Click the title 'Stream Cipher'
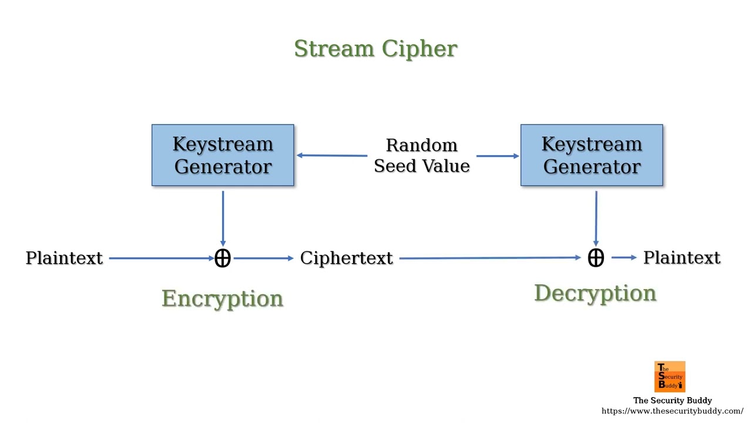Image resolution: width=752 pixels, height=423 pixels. click(375, 49)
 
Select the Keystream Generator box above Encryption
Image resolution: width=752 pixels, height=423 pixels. click(223, 155)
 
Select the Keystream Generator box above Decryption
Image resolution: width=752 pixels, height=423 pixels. click(592, 155)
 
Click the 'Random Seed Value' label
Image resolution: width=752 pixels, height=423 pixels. click(421, 156)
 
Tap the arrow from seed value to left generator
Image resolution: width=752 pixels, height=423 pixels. click(332, 156)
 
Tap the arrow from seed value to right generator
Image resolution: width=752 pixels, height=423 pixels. click(498, 156)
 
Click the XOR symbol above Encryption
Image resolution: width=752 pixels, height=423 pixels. click(223, 258)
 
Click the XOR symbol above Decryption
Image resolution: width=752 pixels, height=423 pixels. click(596, 257)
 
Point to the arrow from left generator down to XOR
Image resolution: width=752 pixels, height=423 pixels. click(223, 218)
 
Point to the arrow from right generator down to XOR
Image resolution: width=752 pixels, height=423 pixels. click(596, 218)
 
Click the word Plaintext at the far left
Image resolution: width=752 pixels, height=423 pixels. click(64, 258)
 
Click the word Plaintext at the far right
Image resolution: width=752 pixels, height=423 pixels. click(681, 257)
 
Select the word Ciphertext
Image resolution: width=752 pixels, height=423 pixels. click(346, 258)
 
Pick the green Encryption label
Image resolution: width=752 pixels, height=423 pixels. click(223, 298)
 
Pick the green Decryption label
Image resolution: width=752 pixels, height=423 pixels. click(595, 293)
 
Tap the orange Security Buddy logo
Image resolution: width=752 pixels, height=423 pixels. click(670, 377)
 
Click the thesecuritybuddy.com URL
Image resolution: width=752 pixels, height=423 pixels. click(672, 411)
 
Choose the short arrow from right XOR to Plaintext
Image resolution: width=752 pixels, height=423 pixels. click(624, 257)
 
